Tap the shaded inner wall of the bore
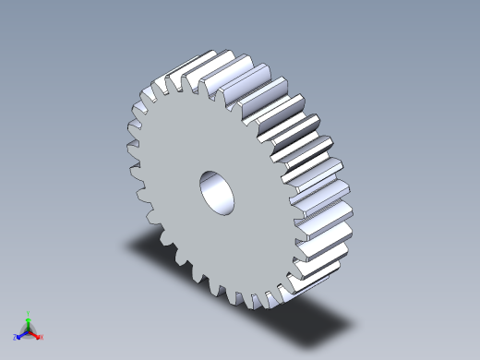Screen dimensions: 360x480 (211, 185)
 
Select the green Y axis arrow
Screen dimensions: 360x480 (28, 320)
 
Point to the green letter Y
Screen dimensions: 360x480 (29, 313)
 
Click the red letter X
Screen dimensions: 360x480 (42, 338)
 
